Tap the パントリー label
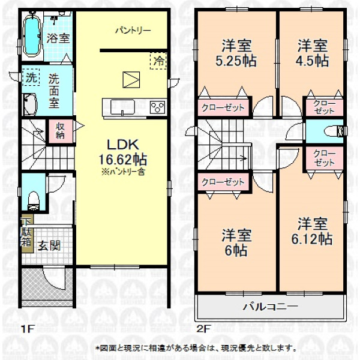133,31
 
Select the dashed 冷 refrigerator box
158,61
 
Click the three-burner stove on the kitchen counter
157,107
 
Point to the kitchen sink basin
122,107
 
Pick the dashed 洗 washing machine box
31,77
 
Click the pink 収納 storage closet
60,131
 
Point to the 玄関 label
49,245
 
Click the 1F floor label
28,329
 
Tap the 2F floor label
203,329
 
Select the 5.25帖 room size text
236,61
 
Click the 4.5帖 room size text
312,61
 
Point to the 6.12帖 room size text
312,239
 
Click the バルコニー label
271,307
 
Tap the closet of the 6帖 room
223,182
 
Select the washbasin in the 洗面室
30,104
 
